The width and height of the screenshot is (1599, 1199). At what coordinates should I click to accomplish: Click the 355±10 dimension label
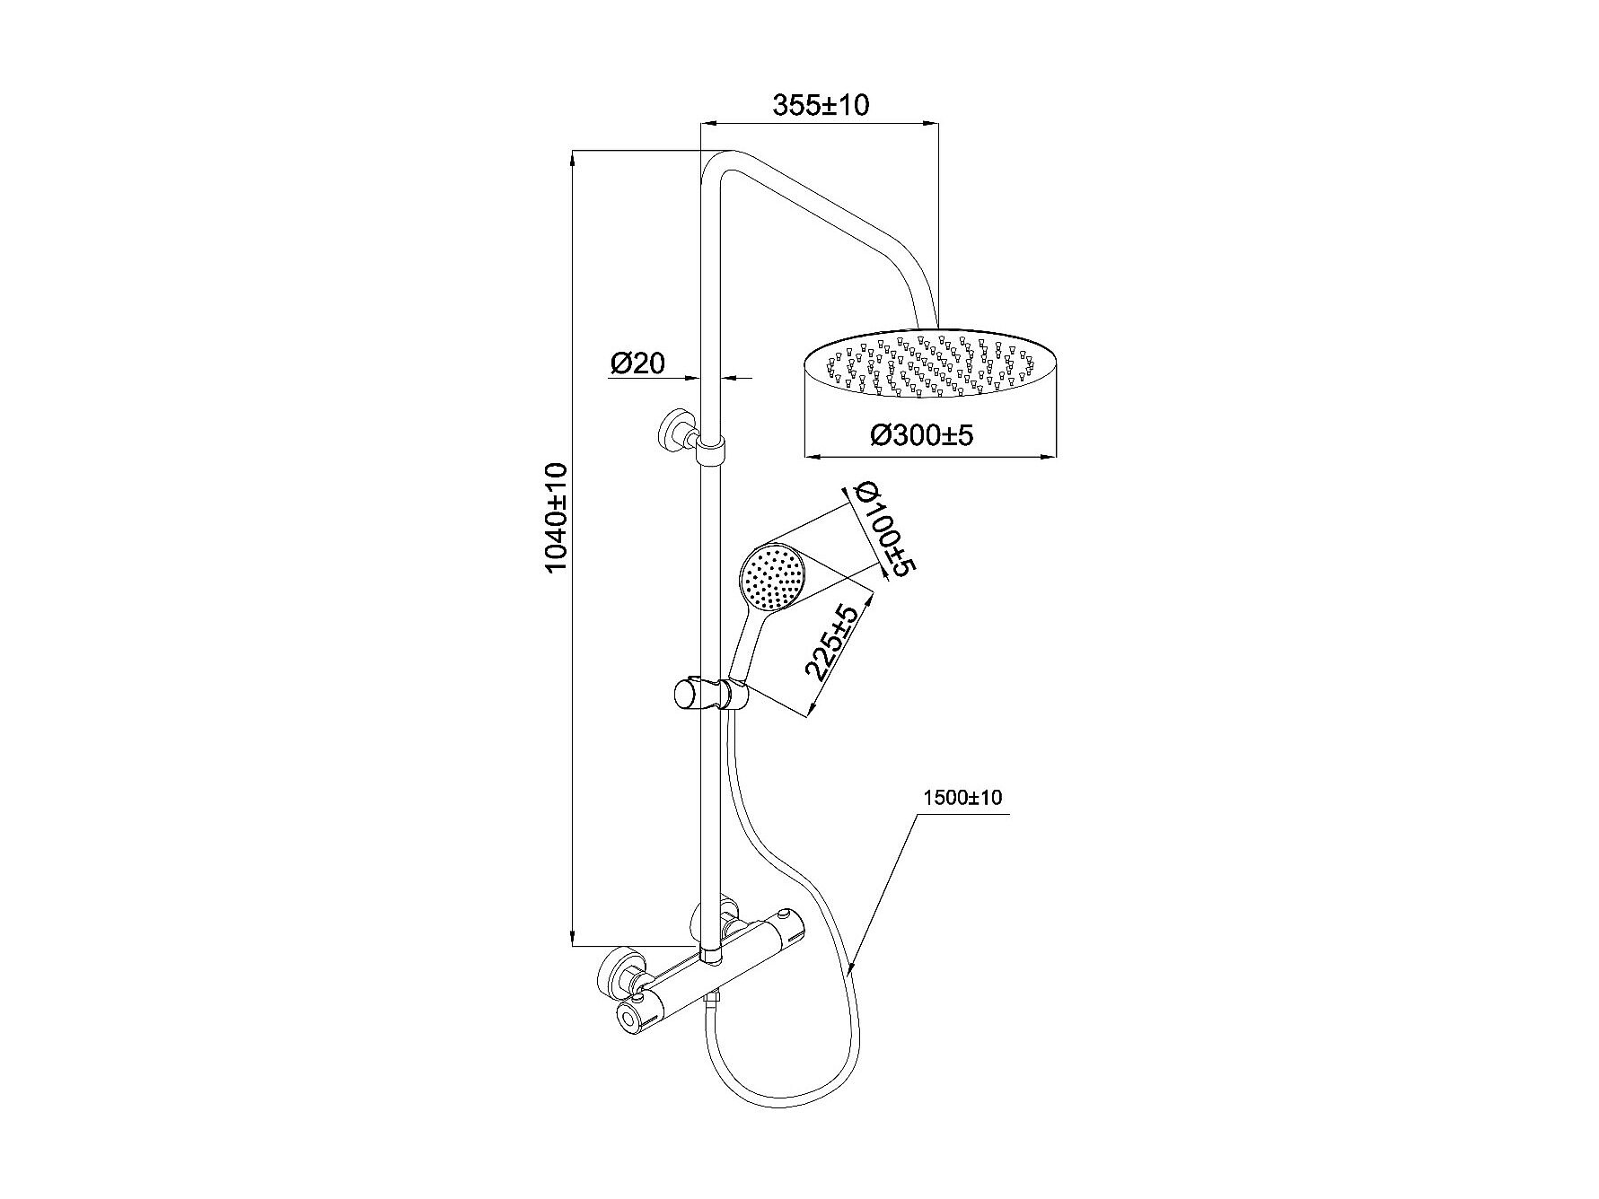(821, 104)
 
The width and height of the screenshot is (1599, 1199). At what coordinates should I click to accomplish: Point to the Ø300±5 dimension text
(921, 436)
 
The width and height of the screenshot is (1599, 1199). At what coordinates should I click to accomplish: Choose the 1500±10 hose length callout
(962, 798)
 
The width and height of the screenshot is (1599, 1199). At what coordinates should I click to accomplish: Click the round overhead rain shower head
(930, 365)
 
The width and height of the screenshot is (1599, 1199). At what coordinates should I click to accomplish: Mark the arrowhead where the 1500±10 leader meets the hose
(851, 967)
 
